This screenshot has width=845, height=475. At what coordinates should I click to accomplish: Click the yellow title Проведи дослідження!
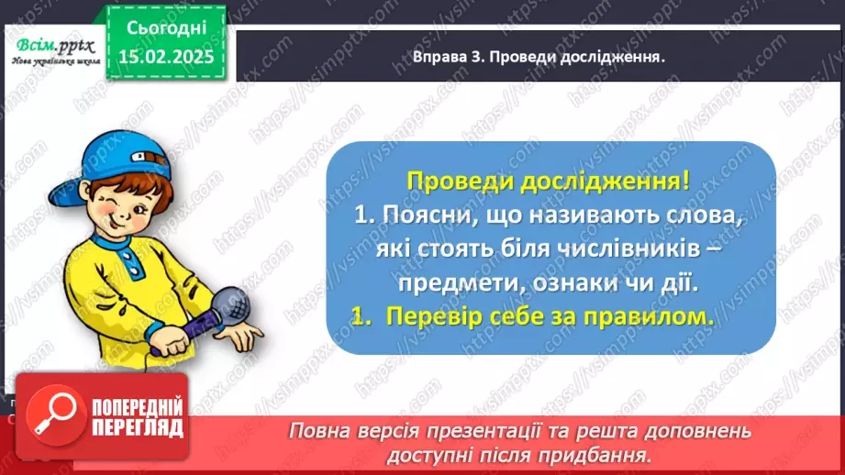tap(548, 180)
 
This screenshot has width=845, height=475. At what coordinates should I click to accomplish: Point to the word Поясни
tap(423, 217)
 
